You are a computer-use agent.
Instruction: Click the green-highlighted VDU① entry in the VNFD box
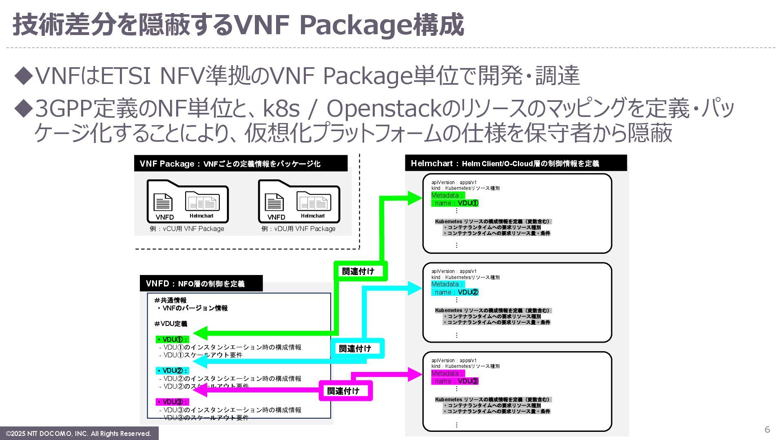[x=173, y=339]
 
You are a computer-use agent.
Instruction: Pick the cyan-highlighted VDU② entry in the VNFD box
[x=173, y=371]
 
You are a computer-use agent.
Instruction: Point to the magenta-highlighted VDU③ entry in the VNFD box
[x=173, y=402]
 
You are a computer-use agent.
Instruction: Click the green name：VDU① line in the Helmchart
[x=455, y=203]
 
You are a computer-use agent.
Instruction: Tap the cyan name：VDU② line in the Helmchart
[x=455, y=292]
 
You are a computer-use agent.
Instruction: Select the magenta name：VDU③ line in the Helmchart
[x=455, y=381]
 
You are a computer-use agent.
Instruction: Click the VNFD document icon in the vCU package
[x=163, y=202]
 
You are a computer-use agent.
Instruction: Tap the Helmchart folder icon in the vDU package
[x=313, y=202]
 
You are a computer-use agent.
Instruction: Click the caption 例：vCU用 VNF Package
[x=187, y=229]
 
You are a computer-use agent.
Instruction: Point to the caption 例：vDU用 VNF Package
[x=299, y=229]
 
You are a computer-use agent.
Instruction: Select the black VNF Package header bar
[x=241, y=163]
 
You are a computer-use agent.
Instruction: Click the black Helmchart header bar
[x=516, y=163]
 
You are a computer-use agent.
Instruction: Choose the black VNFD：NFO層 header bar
[x=201, y=284]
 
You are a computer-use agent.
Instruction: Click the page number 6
[x=767, y=429]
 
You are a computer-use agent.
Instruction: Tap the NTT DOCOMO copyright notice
[x=79, y=433]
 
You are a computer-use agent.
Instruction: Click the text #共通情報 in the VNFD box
[x=170, y=300]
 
